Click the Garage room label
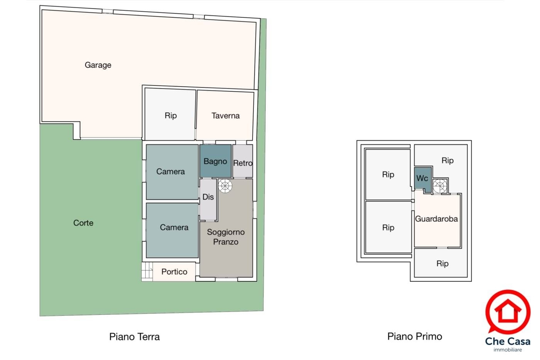pyautogui.click(x=98, y=65)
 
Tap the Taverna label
pyautogui.click(x=225, y=116)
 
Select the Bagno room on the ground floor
pyautogui.click(x=215, y=161)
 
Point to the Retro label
pyautogui.click(x=243, y=163)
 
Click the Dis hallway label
pyautogui.click(x=208, y=197)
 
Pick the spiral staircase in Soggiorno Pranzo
pyautogui.click(x=225, y=186)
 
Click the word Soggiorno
pyautogui.click(x=226, y=232)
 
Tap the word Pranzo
pyautogui.click(x=226, y=242)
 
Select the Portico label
pyautogui.click(x=174, y=272)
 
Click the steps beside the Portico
pyautogui.click(x=147, y=272)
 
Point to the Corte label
pyautogui.click(x=83, y=223)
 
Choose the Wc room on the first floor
pyautogui.click(x=423, y=178)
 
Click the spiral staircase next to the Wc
pyautogui.click(x=440, y=186)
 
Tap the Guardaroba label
pyautogui.click(x=436, y=219)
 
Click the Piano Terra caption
pyautogui.click(x=134, y=336)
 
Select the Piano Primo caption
pyautogui.click(x=415, y=336)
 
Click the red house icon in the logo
pyautogui.click(x=508, y=311)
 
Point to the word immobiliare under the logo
pyautogui.click(x=508, y=350)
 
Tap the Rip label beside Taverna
pyautogui.click(x=170, y=116)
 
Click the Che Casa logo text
pyautogui.click(x=508, y=341)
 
